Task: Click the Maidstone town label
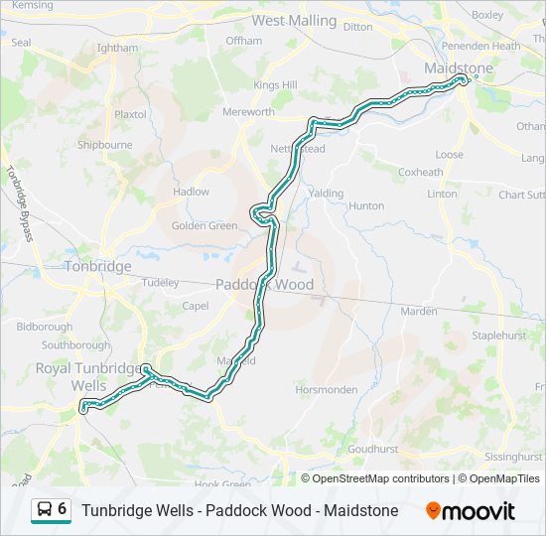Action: (x=458, y=67)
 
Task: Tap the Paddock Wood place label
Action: (x=265, y=285)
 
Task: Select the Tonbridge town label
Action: (x=97, y=266)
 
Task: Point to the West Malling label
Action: (x=295, y=20)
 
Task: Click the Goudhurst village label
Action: (x=373, y=449)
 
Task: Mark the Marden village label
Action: (x=418, y=311)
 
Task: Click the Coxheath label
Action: (x=420, y=172)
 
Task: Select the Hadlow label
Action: (x=191, y=192)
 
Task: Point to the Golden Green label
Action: (x=205, y=225)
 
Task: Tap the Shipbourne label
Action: (x=104, y=144)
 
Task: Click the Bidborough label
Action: (x=45, y=326)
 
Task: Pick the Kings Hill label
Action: (x=275, y=85)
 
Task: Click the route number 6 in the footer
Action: (x=63, y=509)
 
